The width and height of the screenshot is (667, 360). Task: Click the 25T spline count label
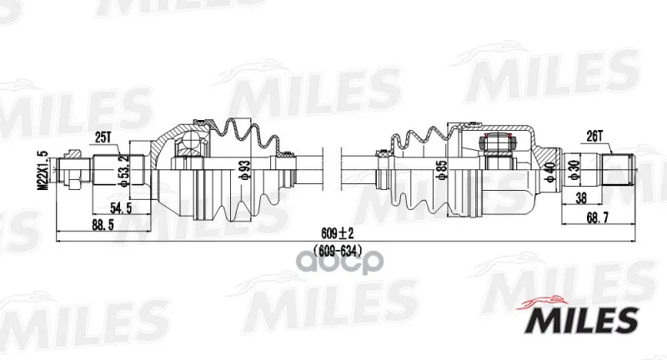[x=103, y=138]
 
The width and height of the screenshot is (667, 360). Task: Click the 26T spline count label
[x=594, y=136]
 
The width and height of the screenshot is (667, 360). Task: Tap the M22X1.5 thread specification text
[x=45, y=171]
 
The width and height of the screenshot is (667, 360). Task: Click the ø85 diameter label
[x=442, y=171]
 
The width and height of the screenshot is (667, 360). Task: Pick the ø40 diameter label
[x=551, y=172]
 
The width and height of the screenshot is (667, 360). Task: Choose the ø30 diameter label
[x=574, y=172]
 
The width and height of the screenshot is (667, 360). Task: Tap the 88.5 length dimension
[x=103, y=225]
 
